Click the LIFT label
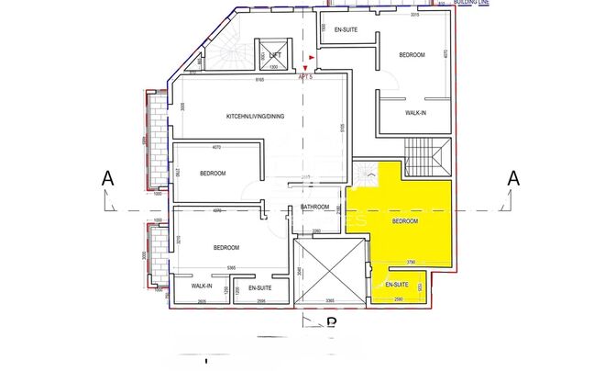274,55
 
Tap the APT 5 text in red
306,77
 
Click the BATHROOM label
314,207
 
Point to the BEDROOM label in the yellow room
405,221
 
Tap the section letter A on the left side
108,179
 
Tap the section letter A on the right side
514,179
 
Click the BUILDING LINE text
473,4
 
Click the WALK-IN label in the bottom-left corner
202,286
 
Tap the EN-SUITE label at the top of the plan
345,29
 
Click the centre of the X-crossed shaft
329,268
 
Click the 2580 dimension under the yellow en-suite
399,299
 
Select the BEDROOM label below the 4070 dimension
214,173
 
